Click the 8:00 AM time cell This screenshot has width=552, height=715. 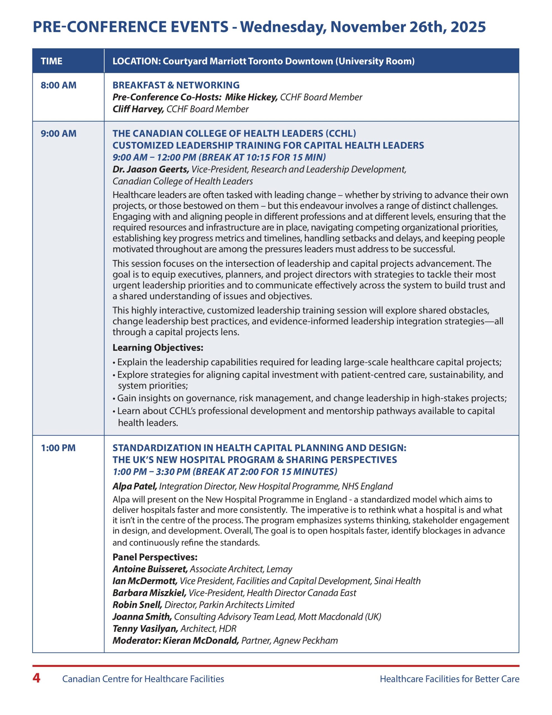pyautogui.click(x=58, y=85)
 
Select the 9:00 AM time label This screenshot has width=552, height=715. pyautogui.click(x=58, y=134)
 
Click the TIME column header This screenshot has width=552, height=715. pyautogui.click(x=51, y=61)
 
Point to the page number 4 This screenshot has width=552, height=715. pyautogui.click(x=36, y=678)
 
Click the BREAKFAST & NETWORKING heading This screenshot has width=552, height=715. pyautogui.click(x=176, y=85)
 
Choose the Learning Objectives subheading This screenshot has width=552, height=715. pyautogui.click(x=158, y=347)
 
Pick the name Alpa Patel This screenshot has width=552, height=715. pyautogui.click(x=135, y=486)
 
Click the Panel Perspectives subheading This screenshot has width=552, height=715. pyautogui.click(x=155, y=557)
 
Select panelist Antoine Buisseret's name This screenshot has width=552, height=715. pyautogui.click(x=150, y=569)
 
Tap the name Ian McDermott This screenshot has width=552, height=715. pyautogui.click(x=145, y=581)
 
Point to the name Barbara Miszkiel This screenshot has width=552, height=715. pyautogui.click(x=150, y=593)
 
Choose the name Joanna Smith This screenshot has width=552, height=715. pyautogui.click(x=142, y=616)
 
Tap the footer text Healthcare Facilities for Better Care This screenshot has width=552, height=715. pyautogui.click(x=449, y=679)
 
